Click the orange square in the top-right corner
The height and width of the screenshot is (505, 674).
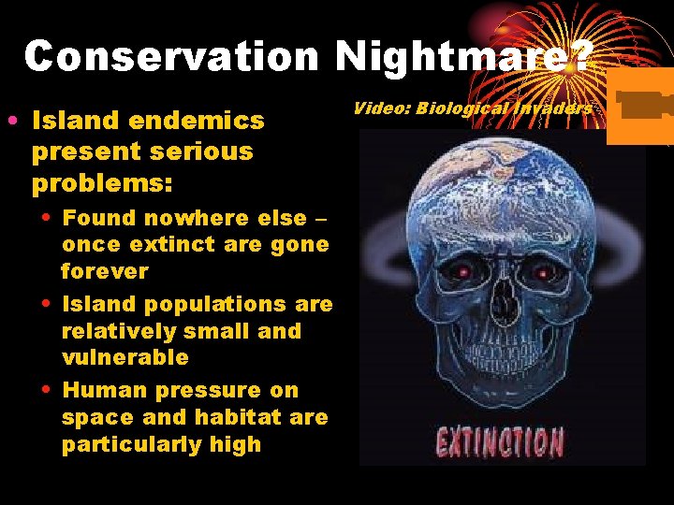coord(640,107)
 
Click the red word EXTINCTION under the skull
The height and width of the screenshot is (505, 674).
coord(500,441)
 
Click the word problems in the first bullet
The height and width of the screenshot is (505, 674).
coord(102,182)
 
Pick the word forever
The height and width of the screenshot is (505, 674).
coord(105,271)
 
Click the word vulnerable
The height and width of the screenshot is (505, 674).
coord(125,357)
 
